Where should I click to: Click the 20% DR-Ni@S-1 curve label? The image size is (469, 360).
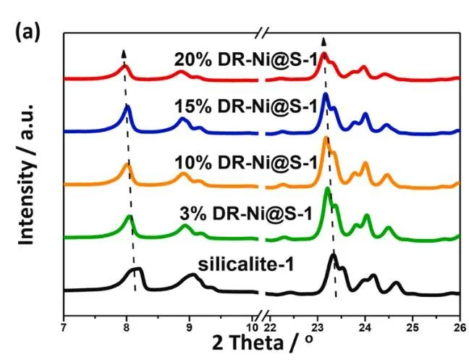tap(245, 59)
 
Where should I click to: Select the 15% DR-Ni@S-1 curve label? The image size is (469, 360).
tap(245, 106)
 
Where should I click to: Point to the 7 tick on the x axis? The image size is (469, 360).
tap(64, 318)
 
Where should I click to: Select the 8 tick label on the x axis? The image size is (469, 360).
tap(127, 318)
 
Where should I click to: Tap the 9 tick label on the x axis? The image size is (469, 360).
tap(190, 318)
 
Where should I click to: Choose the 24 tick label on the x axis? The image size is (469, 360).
tap(365, 318)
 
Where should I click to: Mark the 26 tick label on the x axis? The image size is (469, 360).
tap(458, 318)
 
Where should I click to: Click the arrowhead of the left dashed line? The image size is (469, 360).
tap(124, 54)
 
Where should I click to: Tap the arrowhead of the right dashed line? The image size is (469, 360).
tap(324, 41)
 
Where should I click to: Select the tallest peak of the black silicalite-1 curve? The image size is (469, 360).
tap(333, 255)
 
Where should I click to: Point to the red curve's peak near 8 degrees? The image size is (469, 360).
tap(124, 66)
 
